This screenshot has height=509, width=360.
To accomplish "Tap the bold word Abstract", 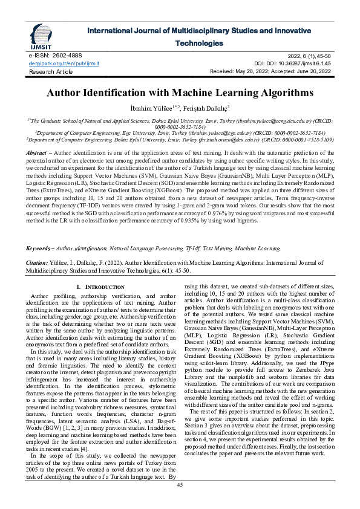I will pyautogui.click(x=38, y=154).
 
